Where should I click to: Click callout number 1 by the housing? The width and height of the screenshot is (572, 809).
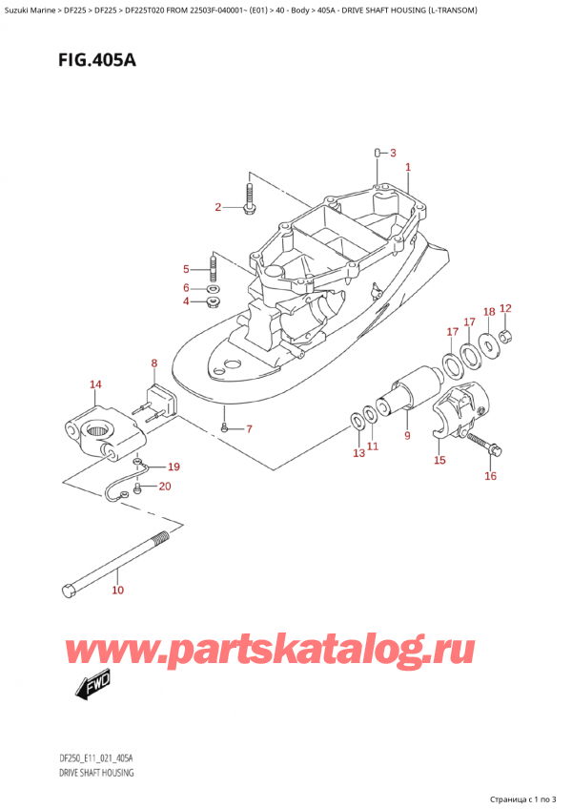pyautogui.click(x=408, y=168)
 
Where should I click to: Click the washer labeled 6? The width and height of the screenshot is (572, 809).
pyautogui.click(x=214, y=288)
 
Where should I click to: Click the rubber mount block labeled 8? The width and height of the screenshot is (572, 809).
pyautogui.click(x=158, y=398)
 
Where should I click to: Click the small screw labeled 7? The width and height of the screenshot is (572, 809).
pyautogui.click(x=224, y=427)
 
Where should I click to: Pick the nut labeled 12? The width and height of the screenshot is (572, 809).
pyautogui.click(x=509, y=334)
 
